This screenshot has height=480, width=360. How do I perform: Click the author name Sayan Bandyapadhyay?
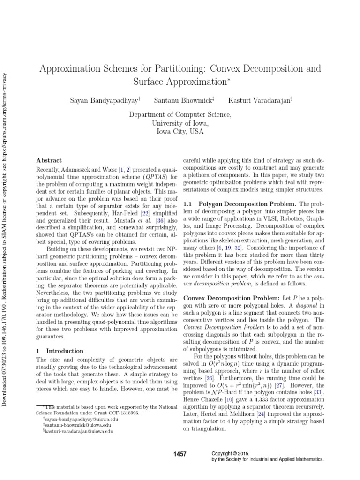104,100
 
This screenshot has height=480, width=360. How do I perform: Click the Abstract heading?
49,160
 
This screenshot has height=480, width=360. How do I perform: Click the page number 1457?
180,454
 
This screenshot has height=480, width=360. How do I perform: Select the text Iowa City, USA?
180,132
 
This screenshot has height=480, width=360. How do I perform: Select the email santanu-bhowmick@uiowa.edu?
74,425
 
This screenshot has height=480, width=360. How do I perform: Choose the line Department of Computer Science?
180,114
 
